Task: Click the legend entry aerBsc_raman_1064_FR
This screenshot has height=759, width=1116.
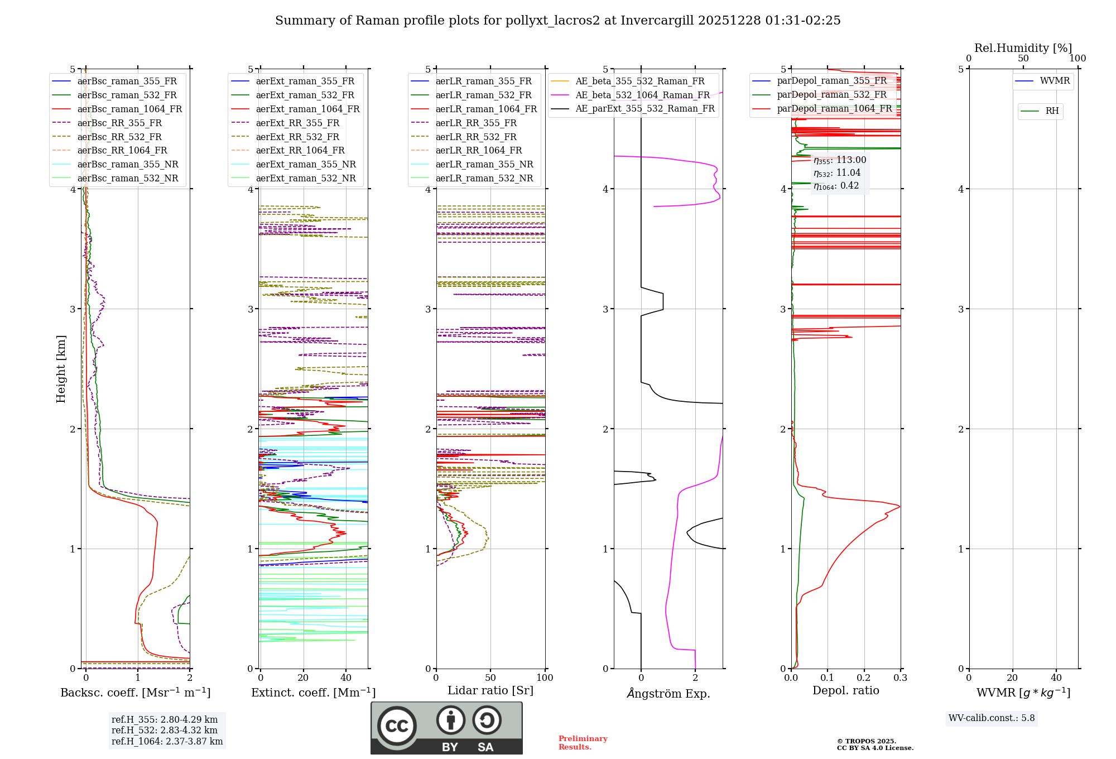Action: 129,109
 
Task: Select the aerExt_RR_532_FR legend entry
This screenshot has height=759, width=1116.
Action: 297,137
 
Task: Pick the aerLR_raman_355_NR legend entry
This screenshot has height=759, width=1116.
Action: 484,164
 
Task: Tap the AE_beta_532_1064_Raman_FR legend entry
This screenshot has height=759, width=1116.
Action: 642,95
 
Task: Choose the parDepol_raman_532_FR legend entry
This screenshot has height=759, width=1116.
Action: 831,95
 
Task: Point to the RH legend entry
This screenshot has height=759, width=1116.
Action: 1052,111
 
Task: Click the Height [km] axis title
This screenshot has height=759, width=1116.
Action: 61,369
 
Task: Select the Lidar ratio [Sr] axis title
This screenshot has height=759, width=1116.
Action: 490,690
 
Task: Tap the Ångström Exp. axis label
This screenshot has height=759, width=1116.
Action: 668,693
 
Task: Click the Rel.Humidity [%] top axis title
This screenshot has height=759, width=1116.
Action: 1023,48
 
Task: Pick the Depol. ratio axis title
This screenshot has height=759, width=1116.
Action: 845,690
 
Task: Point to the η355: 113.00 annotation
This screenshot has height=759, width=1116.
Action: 840,160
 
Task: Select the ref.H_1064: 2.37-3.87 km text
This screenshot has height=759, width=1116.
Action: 167,741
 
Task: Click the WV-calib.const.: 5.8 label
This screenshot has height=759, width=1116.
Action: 992,718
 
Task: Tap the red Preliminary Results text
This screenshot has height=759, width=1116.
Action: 583,742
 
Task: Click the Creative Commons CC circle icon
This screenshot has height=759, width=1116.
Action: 397,726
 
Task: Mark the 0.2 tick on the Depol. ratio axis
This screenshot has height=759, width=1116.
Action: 864,678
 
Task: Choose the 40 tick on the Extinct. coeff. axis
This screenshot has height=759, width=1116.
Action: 346,678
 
